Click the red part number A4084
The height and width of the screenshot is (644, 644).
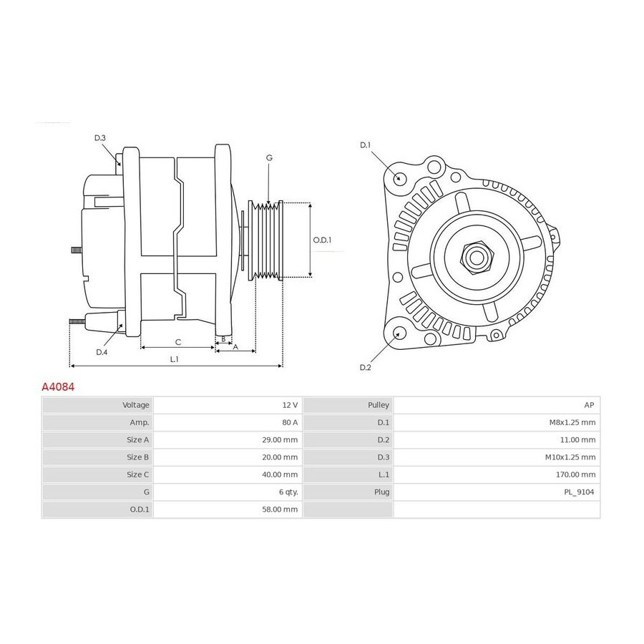(58, 387)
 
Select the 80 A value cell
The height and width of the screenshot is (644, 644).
(290, 422)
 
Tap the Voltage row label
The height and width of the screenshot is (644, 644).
(136, 405)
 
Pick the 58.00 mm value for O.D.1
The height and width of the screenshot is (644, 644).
(280, 509)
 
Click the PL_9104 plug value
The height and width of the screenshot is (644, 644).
(579, 492)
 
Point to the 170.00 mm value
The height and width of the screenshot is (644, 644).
(575, 474)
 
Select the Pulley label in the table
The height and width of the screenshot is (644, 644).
(379, 405)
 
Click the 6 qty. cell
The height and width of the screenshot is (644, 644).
(288, 492)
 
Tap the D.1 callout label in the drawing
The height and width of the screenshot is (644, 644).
(365, 145)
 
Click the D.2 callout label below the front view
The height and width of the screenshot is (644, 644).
(365, 367)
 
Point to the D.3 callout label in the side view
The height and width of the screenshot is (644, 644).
(99, 138)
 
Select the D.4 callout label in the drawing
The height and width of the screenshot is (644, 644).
(102, 352)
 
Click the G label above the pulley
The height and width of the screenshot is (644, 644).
(269, 157)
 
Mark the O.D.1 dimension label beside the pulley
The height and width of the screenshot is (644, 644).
(322, 240)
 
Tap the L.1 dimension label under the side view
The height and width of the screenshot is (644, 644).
(174, 359)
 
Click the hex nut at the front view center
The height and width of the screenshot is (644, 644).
(477, 258)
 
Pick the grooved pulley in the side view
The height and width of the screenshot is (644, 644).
(265, 240)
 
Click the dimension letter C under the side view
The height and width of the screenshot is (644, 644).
(178, 342)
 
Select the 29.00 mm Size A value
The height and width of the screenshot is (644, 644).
(280, 440)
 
